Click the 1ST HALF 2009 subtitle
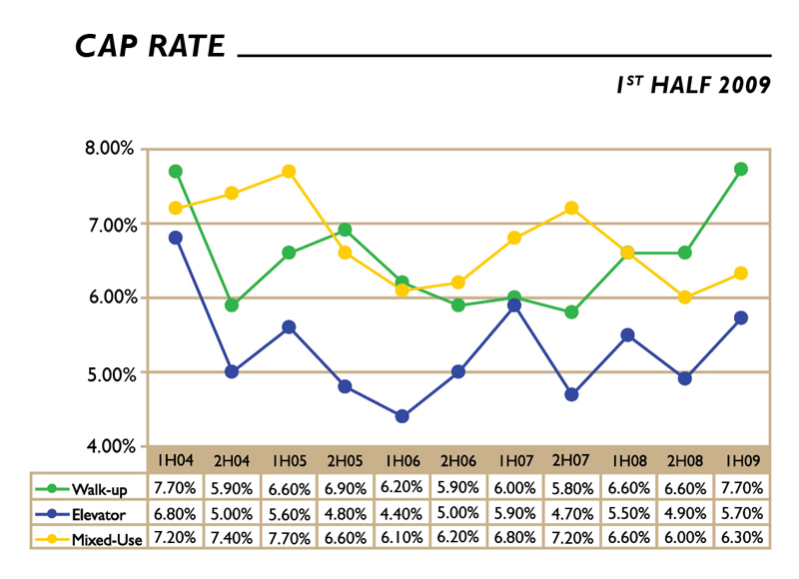point(693,85)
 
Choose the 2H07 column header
point(571,460)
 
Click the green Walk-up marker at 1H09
point(740,169)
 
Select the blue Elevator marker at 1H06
point(402,416)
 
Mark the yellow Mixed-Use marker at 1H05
point(289,172)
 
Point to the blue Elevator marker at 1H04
point(176,238)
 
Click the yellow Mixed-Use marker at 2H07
point(571,208)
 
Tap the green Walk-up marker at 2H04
point(232,304)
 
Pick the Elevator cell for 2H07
point(571,513)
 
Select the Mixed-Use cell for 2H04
point(232,538)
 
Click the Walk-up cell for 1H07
point(514,488)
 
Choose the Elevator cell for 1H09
point(740,513)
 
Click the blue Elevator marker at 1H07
point(514,305)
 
